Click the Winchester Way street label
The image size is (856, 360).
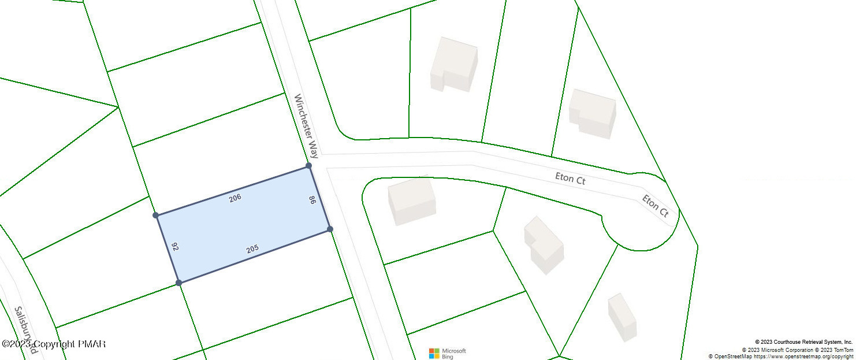pos(306,126)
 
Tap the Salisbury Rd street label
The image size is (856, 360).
pos(25,329)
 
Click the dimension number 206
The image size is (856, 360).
pos(235,198)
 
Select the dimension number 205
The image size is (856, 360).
pos(252,249)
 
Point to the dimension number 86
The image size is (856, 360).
pos(312,201)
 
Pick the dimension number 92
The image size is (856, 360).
pos(175,246)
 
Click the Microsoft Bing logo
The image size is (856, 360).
pos(448,353)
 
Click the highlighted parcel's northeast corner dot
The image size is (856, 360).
pos(309,166)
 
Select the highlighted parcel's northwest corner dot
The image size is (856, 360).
pos(156,216)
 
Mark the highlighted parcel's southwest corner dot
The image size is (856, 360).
pos(179,283)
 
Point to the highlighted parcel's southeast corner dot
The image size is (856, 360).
pos(330,229)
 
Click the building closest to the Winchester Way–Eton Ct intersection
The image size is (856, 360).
pos(411,201)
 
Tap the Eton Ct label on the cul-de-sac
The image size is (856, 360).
pos(656,206)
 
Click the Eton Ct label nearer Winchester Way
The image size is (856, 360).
pos(570,178)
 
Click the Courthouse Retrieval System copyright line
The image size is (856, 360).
pos(803,342)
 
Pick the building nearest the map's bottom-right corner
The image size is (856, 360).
pos(622,317)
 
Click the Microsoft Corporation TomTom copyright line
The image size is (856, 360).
pos(797,350)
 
